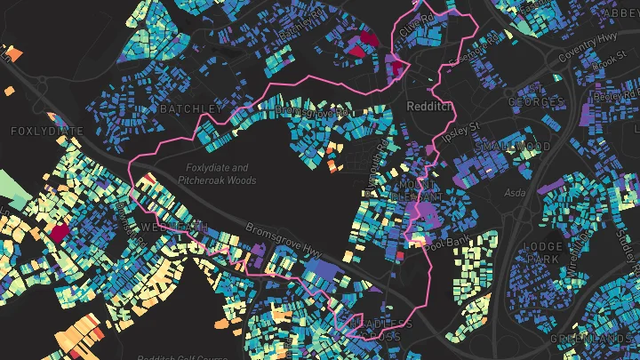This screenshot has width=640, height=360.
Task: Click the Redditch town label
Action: [x=428, y=105]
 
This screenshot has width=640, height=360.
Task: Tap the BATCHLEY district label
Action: [x=189, y=108]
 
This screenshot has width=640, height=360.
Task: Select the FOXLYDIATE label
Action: [x=39, y=131]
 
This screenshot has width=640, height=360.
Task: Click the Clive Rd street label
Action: [x=421, y=22]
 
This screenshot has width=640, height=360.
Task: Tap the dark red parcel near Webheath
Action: [x=60, y=233]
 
